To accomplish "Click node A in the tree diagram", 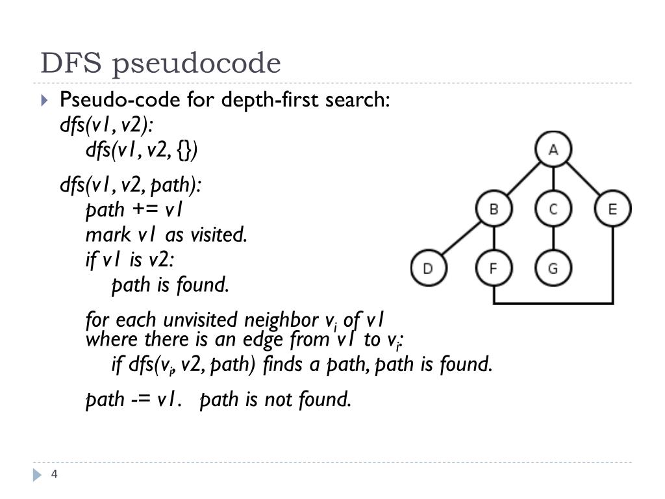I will (553, 150).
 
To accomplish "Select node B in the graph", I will (494, 209).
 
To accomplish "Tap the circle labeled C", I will (553, 209).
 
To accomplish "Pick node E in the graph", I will (612, 209).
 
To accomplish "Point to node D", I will (428, 268).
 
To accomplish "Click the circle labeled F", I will (494, 268).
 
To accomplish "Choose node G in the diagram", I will (553, 268).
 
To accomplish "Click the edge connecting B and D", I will (460, 239).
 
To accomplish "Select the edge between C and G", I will (553, 239).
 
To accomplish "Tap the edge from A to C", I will (553, 180).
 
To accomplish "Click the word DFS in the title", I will (71, 64).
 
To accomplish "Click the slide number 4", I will (55, 474).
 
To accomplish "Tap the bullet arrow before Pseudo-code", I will (44, 101).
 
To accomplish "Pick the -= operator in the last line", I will (141, 399).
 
